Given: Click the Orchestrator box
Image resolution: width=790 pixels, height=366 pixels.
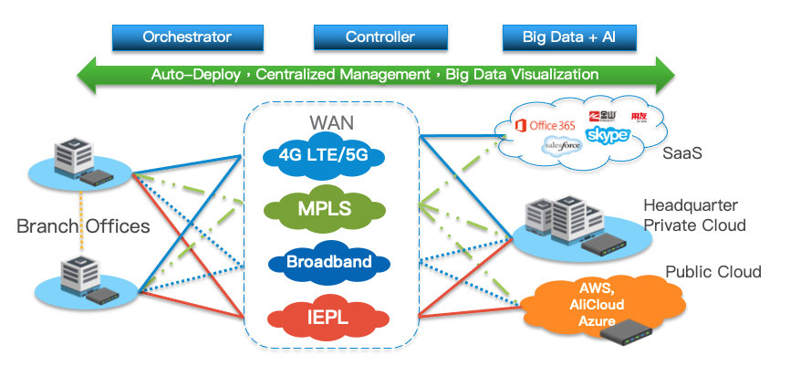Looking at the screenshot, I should point(186,37).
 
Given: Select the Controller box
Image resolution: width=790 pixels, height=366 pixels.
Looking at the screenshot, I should point(379,37).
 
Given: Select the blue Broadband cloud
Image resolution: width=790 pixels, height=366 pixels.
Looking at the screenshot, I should point(328,263).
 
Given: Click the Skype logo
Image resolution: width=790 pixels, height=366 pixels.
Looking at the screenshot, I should point(608,136).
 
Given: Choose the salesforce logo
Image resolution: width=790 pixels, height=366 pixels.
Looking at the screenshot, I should point(563,146).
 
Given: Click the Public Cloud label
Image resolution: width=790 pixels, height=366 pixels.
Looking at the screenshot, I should point(712,272).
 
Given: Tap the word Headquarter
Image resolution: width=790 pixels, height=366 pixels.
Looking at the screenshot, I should point(690,204).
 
